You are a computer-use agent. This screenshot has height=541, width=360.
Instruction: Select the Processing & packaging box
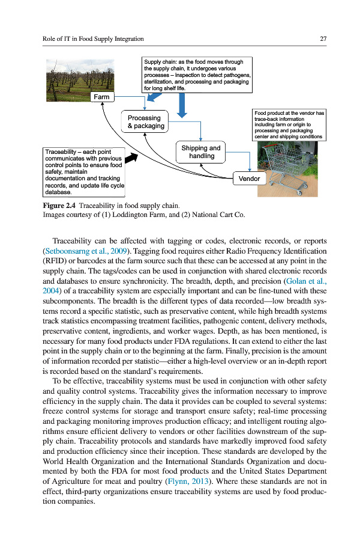click(145, 122)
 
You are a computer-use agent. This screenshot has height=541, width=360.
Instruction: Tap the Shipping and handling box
click(201, 151)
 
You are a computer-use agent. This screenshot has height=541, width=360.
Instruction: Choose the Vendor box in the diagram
click(249, 179)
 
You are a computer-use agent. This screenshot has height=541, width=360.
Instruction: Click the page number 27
click(323, 39)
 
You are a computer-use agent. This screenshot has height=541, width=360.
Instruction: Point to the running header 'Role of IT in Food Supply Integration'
click(93, 39)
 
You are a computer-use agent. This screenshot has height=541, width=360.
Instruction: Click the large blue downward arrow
click(182, 105)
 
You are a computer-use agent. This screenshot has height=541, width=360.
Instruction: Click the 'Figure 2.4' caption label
click(59, 206)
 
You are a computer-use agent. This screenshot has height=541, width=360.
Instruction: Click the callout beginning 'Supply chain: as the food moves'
click(197, 75)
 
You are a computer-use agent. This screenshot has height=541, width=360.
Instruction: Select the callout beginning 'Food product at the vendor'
click(289, 124)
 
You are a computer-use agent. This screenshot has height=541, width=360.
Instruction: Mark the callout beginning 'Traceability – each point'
click(85, 172)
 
